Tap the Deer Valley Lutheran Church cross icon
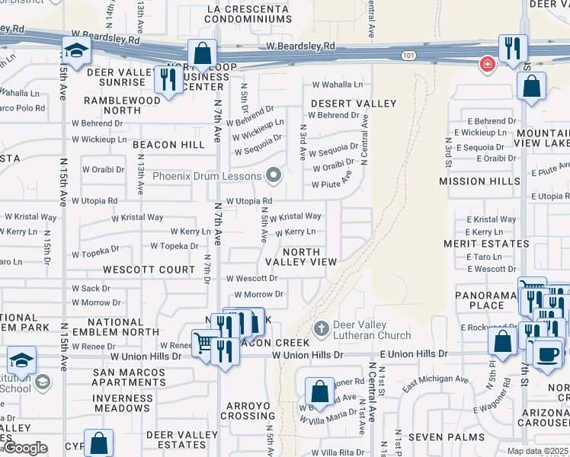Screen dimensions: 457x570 point(322,328)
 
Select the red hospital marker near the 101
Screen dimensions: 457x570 point(485,65)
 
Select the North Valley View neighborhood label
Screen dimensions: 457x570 point(300,257)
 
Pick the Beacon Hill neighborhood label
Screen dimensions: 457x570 point(165,145)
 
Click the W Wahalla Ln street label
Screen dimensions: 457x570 point(337,85)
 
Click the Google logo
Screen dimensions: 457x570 point(25,448)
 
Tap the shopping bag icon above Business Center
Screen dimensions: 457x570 point(203,53)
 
